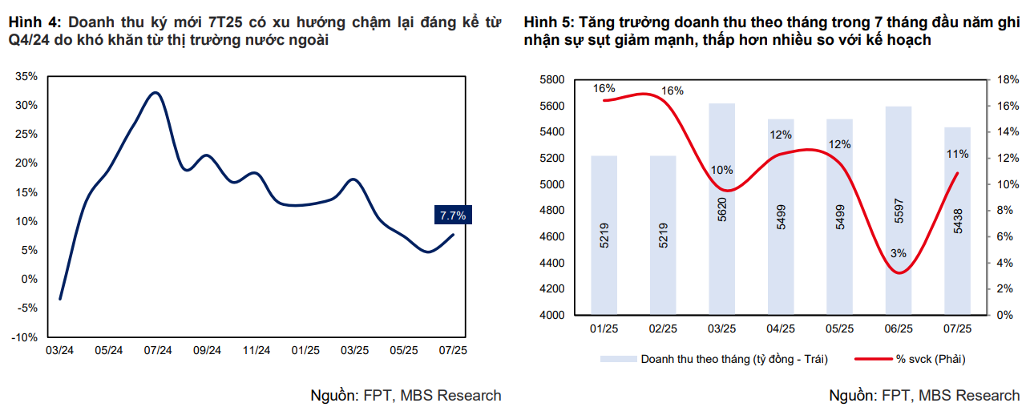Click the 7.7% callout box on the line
(453, 216)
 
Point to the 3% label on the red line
(898, 253)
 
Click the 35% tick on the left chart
(26, 76)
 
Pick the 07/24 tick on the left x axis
(158, 350)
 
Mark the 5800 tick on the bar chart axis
(553, 79)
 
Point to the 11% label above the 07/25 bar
(957, 154)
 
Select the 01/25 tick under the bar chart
(604, 328)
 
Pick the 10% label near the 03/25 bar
(721, 170)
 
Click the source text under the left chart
(406, 395)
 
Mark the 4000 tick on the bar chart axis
(553, 315)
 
